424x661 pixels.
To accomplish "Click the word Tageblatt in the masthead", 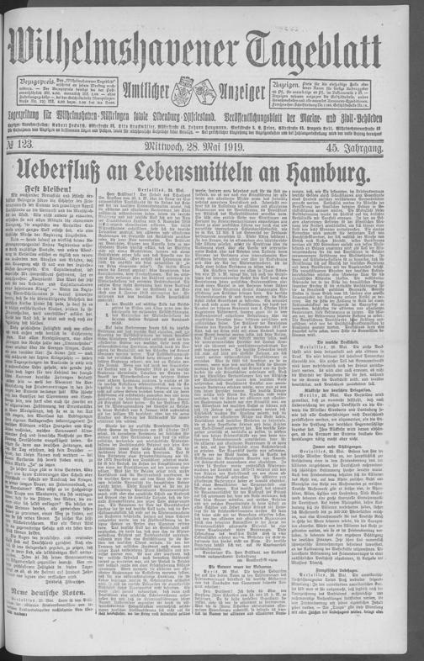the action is (323, 45).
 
